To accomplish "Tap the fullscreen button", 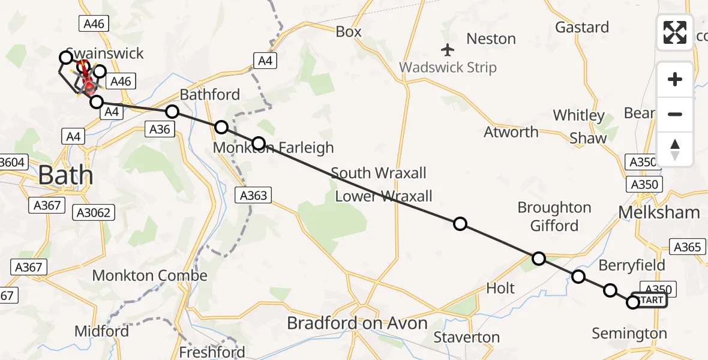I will click(x=675, y=32).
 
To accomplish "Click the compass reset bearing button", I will click(x=675, y=149).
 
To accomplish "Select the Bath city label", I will click(x=65, y=176).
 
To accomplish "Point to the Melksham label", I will click(x=659, y=212).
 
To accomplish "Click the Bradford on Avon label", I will click(x=357, y=323).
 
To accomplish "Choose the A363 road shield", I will click(x=253, y=194).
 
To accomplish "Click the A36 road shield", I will click(x=160, y=129).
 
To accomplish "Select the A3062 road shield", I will click(x=93, y=212).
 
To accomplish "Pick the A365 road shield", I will click(x=687, y=247).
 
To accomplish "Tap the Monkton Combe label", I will click(x=149, y=276).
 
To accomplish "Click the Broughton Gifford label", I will click(x=554, y=217).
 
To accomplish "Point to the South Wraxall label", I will click(x=379, y=173).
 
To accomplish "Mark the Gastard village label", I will click(x=581, y=27).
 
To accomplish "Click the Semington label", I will click(x=629, y=334).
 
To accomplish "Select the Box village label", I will click(x=349, y=32).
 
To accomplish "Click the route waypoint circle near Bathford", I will click(x=172, y=112).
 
